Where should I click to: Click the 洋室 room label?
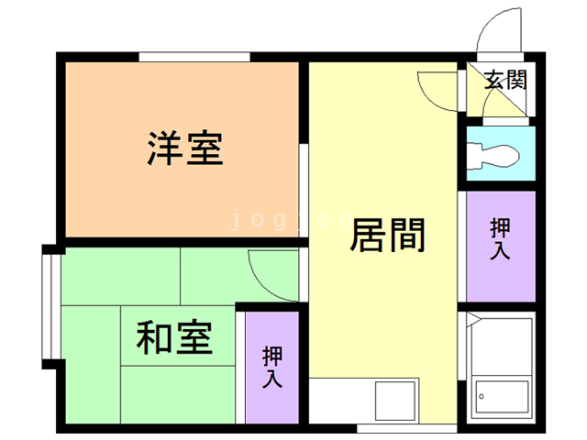[x=185, y=148]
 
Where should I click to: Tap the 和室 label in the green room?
[x=174, y=338]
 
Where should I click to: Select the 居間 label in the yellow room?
[x=387, y=235]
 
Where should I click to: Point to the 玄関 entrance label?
[x=504, y=80]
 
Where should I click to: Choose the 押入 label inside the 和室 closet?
[x=272, y=366]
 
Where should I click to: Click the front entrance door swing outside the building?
[x=497, y=32]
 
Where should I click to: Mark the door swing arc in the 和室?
[x=271, y=280]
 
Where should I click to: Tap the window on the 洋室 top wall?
[x=194, y=58]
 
